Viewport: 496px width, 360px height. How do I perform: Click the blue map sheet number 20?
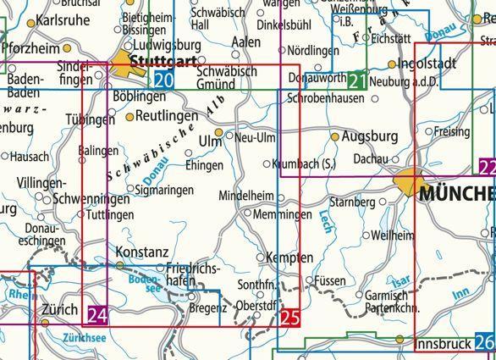165,80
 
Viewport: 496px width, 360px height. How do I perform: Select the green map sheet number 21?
357,81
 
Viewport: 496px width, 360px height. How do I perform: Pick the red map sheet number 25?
289,318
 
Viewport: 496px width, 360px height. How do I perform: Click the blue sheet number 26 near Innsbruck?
484,343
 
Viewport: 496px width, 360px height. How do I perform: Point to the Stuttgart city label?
166,60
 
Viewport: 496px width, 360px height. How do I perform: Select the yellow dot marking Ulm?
218,133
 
